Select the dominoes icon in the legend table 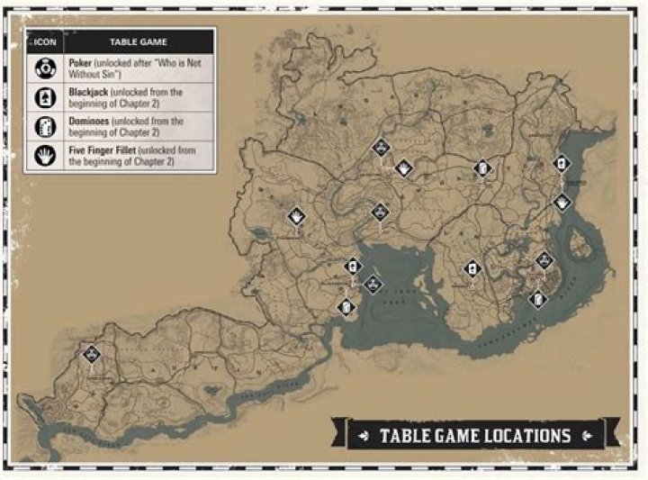pos(41,126)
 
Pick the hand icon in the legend pos(41,155)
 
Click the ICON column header pos(41,41)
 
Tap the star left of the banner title pos(364,436)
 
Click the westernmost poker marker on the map pos(91,354)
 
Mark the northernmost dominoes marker pos(482,168)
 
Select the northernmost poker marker pos(381,148)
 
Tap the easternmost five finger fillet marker pos(562,203)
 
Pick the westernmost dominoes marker pos(345,307)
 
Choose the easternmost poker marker pos(543,261)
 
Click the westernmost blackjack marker pos(353,267)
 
